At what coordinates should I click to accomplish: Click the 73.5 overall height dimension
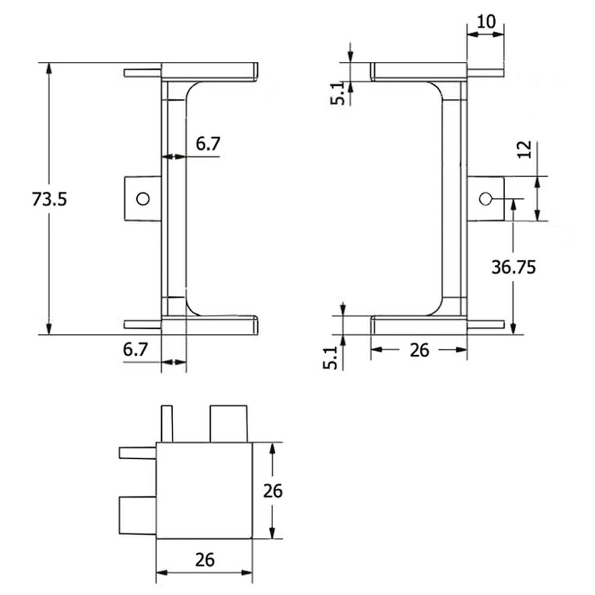tap(49, 199)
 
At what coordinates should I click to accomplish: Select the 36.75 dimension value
tap(513, 267)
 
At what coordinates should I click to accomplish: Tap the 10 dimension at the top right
tap(486, 22)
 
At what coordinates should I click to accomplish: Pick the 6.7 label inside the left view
tap(208, 143)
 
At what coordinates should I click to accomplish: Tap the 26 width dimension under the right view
tap(419, 350)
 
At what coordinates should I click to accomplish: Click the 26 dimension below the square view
tap(204, 559)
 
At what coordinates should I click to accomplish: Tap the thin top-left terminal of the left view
tap(142, 73)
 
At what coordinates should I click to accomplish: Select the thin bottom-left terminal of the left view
tap(142, 324)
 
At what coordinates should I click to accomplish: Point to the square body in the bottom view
tap(204, 491)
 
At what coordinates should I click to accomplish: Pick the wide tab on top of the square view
tap(228, 424)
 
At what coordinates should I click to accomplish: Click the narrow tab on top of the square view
tap(167, 424)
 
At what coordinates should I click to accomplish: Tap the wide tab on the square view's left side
tap(137, 515)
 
